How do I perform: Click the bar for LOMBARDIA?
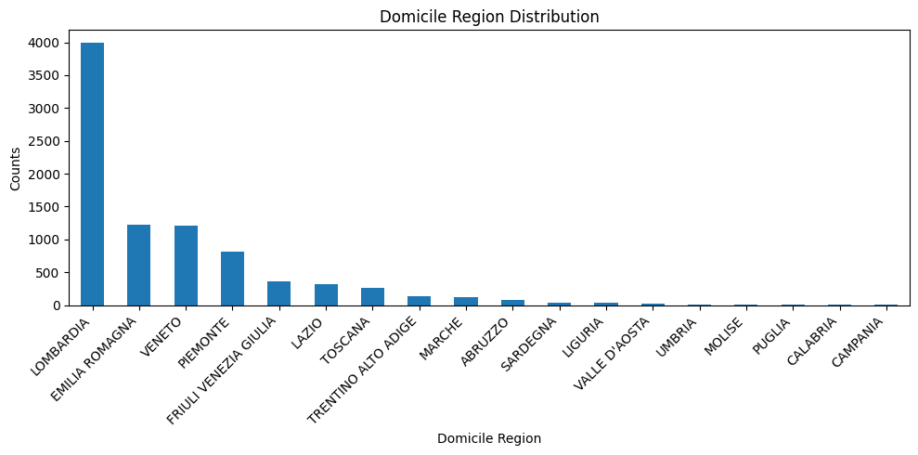click(92, 174)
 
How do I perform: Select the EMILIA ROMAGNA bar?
click(138, 266)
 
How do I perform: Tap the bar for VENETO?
click(186, 266)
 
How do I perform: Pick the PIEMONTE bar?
click(232, 279)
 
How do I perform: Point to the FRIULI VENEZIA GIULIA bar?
click(278, 293)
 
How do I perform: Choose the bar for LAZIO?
click(326, 295)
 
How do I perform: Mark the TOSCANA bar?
click(372, 297)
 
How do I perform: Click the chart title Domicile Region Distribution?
click(489, 17)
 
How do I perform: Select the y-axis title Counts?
click(15, 169)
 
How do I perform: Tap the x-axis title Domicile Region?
click(489, 438)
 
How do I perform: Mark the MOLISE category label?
click(724, 336)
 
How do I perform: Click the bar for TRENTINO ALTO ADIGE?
click(420, 301)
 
